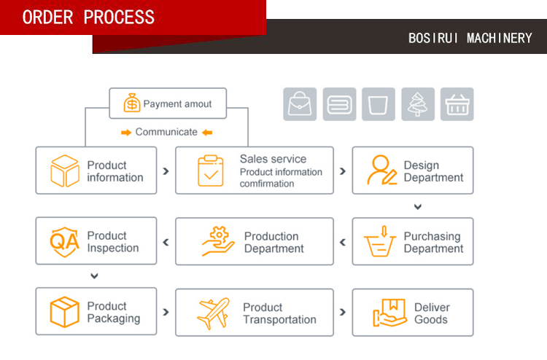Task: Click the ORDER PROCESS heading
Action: click(x=88, y=17)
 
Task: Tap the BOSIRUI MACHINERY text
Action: click(x=470, y=38)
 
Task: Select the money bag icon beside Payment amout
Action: click(x=131, y=103)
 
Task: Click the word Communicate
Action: click(x=166, y=132)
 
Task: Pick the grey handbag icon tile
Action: click(x=300, y=104)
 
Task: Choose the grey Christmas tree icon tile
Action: click(x=418, y=104)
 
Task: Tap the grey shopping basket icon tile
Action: click(x=457, y=104)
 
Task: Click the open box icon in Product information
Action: click(x=64, y=171)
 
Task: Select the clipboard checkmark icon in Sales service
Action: click(x=211, y=171)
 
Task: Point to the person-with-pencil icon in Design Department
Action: click(x=381, y=171)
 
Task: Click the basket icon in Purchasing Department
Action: click(x=381, y=241)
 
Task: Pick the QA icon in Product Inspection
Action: click(x=64, y=240)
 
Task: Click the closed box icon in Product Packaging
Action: click(x=64, y=312)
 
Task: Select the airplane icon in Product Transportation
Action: click(x=213, y=313)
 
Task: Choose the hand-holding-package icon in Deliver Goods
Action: click(x=389, y=313)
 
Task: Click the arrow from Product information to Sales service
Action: click(x=166, y=171)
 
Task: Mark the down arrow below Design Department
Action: click(x=418, y=207)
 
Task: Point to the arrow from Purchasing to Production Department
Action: click(x=343, y=242)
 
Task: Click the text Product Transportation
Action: click(x=279, y=313)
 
